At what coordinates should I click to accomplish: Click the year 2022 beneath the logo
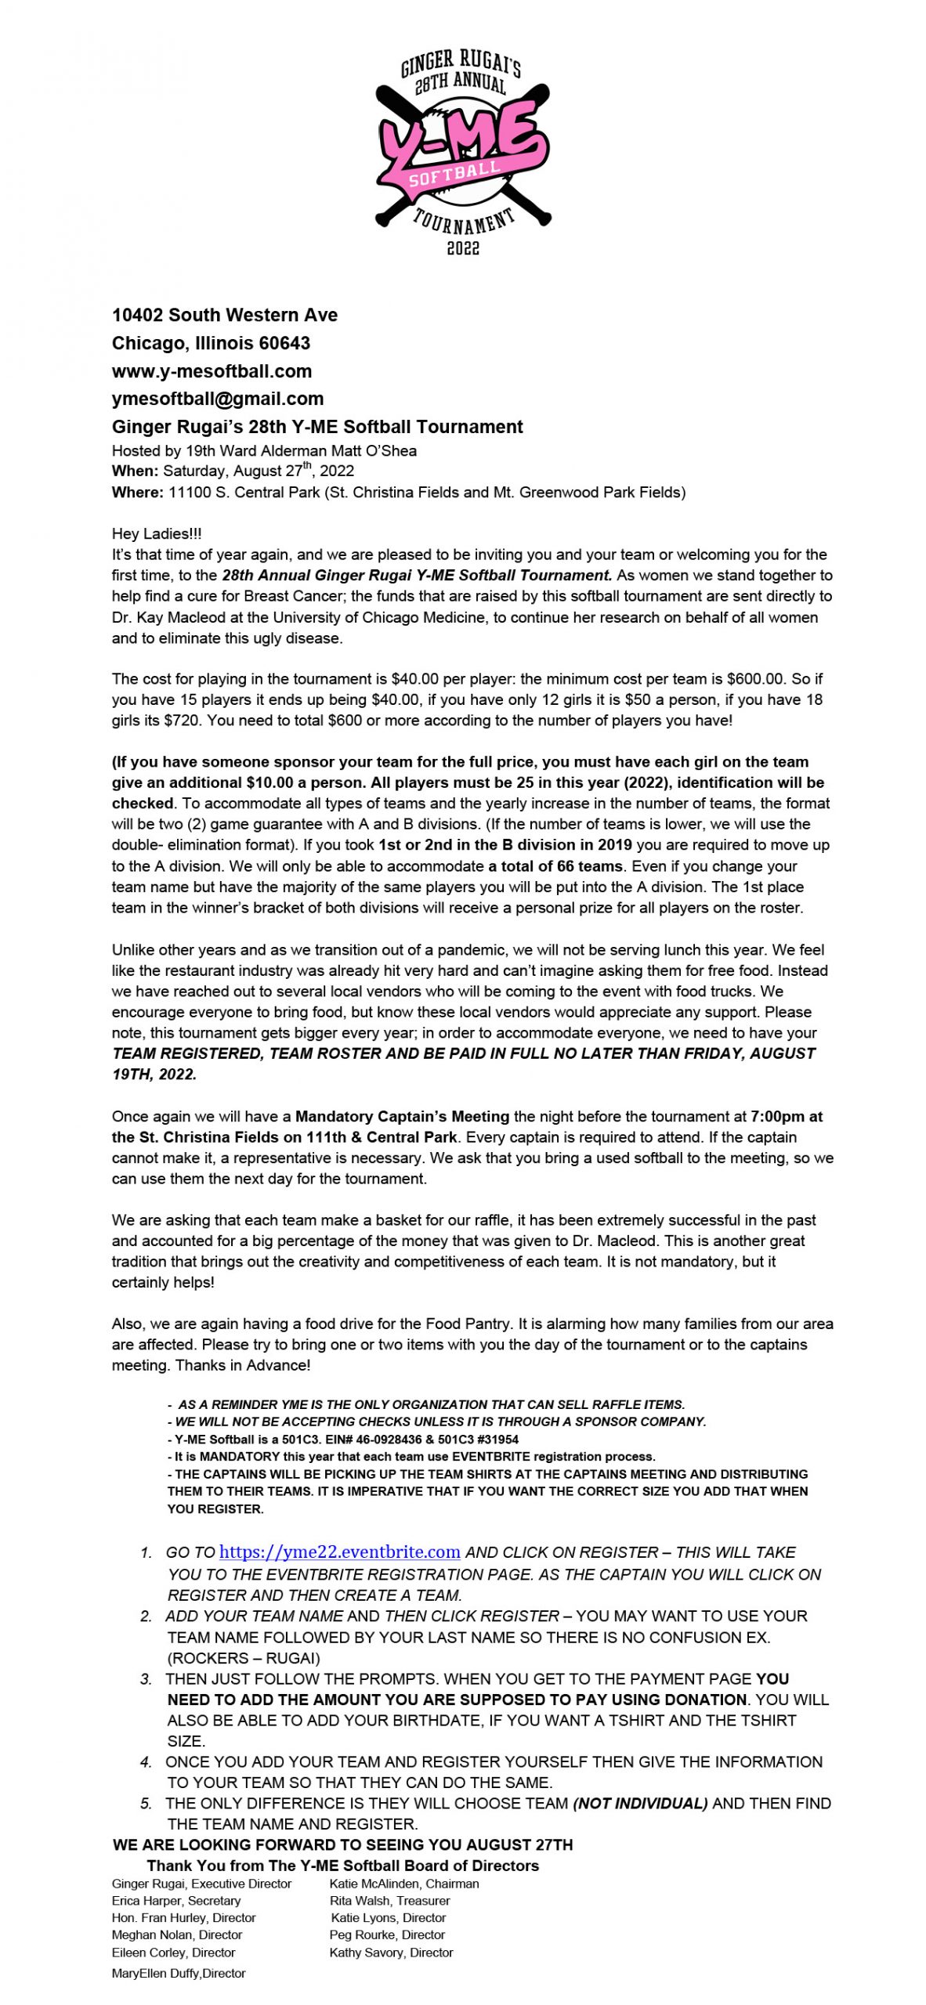coord(462,248)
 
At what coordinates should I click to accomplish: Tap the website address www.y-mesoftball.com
coord(212,371)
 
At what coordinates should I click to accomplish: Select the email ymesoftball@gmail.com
coord(217,399)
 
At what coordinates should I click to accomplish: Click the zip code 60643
coord(284,343)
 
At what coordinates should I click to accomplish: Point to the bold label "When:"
coord(135,471)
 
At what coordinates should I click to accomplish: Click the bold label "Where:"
coord(137,492)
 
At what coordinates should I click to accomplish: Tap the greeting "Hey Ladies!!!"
coord(156,533)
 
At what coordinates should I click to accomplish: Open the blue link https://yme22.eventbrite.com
coord(339,1552)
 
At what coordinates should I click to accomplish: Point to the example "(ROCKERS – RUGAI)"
coord(243,1657)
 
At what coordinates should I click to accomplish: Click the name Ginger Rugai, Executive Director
coord(201,1883)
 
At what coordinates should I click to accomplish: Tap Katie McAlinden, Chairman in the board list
coord(403,1883)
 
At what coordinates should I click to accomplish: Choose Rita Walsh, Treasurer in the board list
coord(389,1900)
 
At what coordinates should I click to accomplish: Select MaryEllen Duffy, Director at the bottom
coord(179,1973)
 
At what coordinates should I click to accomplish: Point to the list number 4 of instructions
coord(146,1762)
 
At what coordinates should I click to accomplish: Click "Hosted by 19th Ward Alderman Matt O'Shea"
coord(264,450)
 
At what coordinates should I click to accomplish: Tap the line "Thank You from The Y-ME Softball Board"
coord(342,1865)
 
